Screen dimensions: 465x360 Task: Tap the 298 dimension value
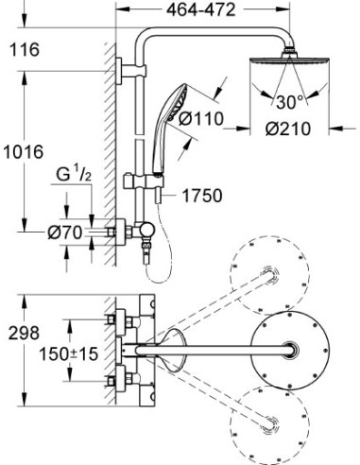point(23,332)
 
